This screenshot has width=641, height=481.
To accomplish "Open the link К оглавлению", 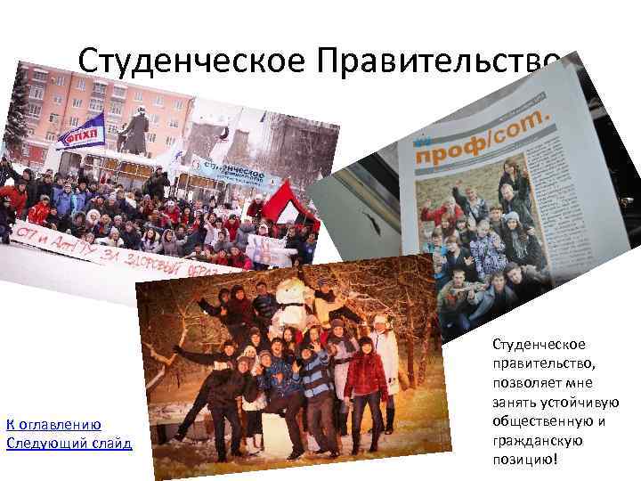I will point(53,424).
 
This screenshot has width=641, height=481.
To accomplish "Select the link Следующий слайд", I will point(68,443).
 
